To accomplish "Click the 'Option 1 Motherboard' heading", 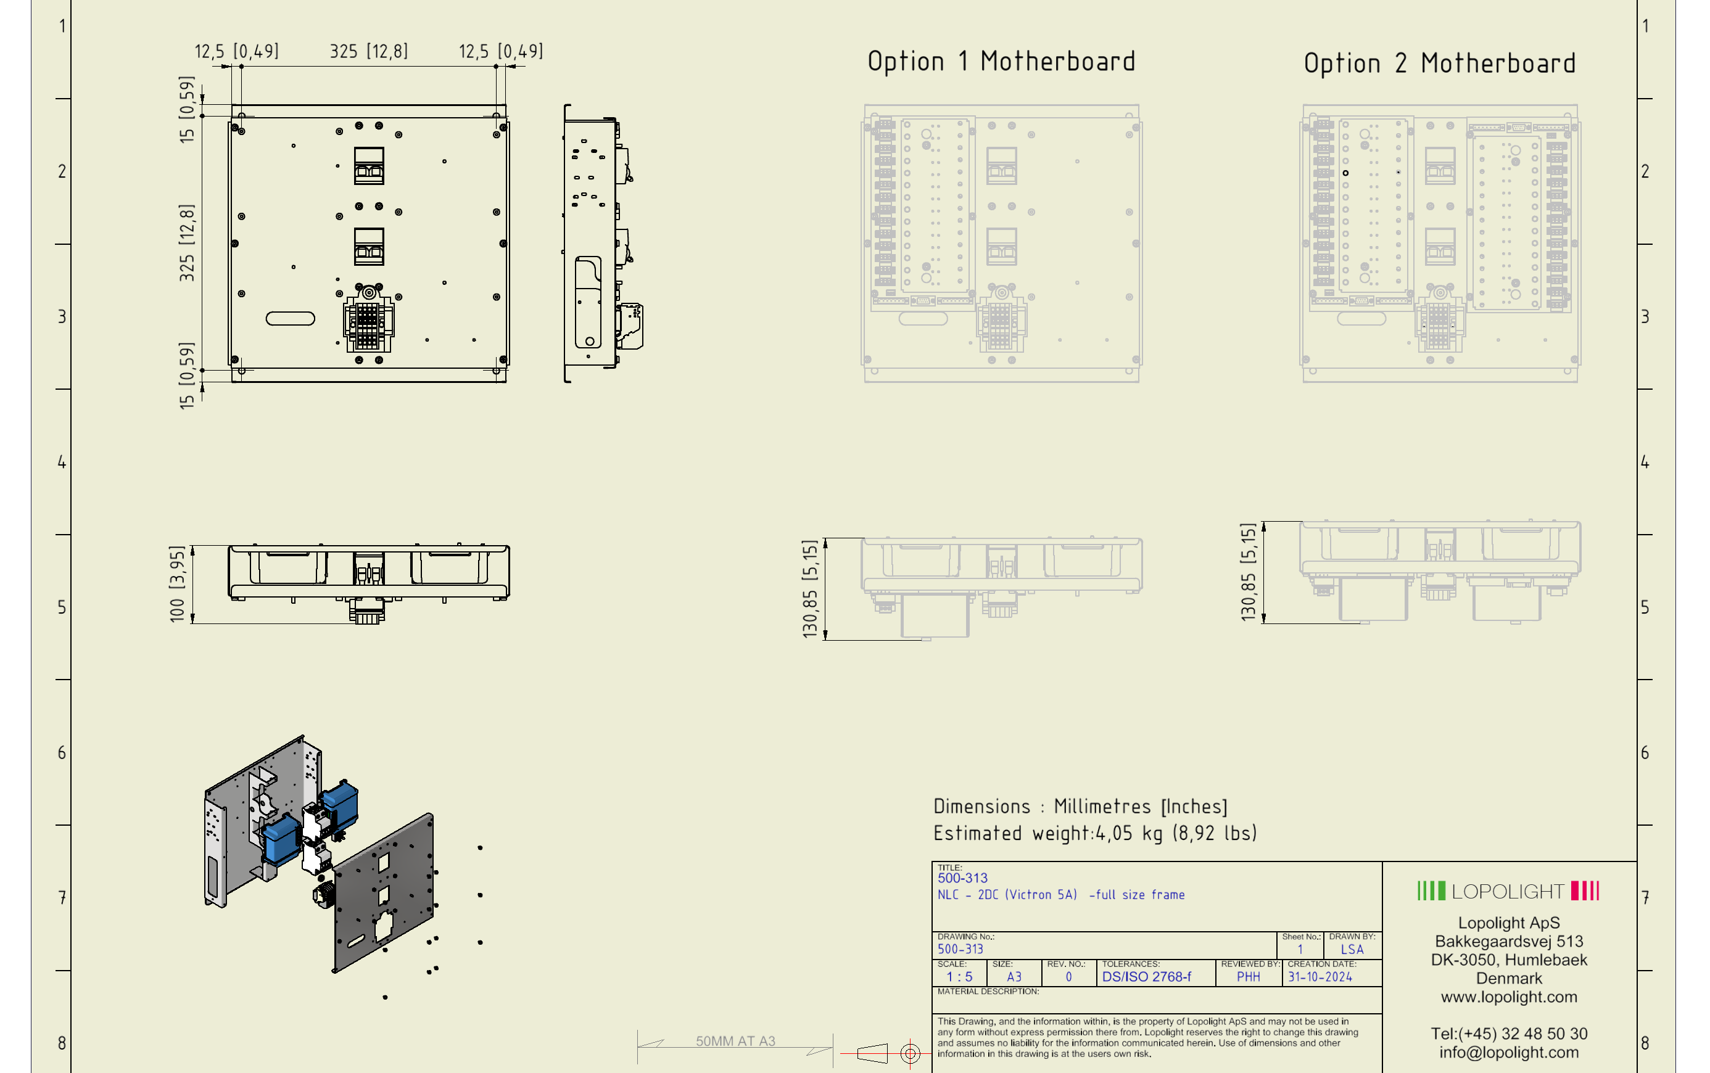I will tap(1000, 62).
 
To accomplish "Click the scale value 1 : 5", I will tap(959, 976).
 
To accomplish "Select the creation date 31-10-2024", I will tap(1320, 976).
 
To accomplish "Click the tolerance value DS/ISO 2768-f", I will tap(1146, 976).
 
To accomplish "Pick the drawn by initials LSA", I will tap(1352, 950).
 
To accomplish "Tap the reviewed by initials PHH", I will tap(1248, 976).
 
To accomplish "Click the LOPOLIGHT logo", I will tap(1508, 890).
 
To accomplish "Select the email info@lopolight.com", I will tap(1508, 1053).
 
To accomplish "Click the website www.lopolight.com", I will tap(1508, 997).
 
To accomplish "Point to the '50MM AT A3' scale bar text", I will tap(735, 1041).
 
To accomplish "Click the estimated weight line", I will tap(1094, 833).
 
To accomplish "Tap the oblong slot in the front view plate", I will tap(289, 319).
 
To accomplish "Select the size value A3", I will tap(1014, 976).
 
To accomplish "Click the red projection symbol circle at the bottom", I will tap(910, 1053).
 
